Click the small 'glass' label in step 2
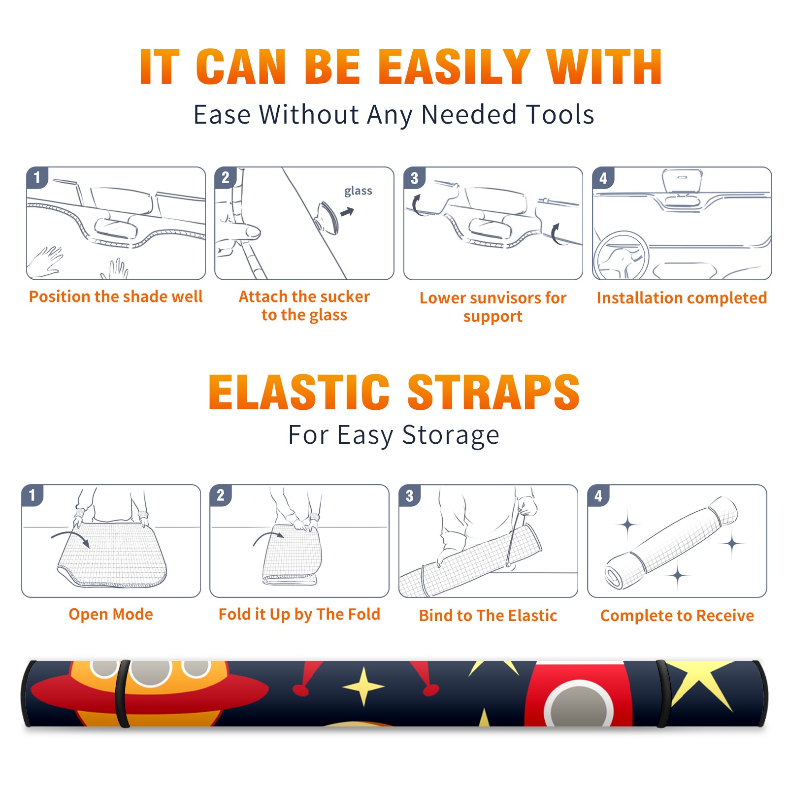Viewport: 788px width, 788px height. (x=358, y=191)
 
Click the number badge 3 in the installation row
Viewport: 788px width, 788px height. (x=415, y=177)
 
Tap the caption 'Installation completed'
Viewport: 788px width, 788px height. (x=682, y=297)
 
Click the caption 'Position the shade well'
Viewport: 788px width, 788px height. (x=116, y=296)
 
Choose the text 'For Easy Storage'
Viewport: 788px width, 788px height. (x=394, y=435)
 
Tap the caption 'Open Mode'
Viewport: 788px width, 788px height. (x=111, y=614)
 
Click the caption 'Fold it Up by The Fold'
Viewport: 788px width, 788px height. (x=299, y=614)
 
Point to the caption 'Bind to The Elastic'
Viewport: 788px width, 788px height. (x=488, y=615)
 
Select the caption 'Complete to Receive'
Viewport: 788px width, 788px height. (x=677, y=615)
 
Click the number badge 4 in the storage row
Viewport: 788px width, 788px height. (x=598, y=495)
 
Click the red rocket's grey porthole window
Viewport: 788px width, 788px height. (x=579, y=704)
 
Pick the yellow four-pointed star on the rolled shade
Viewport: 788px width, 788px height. (x=364, y=686)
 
